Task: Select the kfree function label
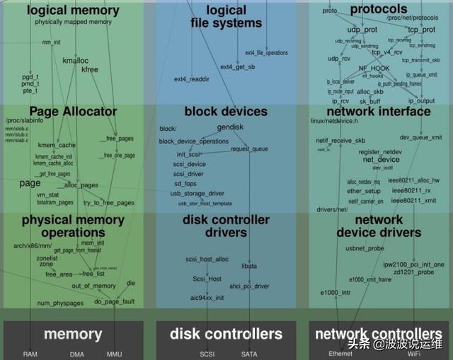point(90,69)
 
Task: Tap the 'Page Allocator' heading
point(73,111)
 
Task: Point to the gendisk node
point(230,127)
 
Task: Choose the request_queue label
point(249,149)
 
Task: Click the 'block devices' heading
point(226,111)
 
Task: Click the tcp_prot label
point(421,30)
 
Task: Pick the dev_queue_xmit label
point(420,137)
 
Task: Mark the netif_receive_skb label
point(340,141)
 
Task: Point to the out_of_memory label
point(93,286)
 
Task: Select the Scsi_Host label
point(207,279)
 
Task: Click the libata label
point(249,266)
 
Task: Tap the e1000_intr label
point(336,292)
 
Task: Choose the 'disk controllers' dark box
point(226,334)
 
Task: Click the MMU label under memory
point(114,354)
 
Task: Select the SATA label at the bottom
point(249,354)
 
